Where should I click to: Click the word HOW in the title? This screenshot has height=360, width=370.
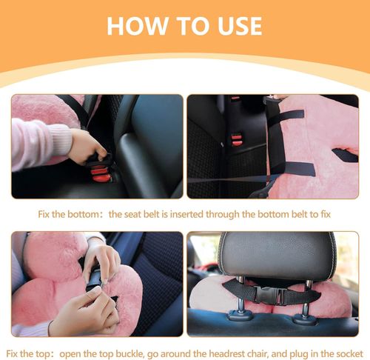pos(137,26)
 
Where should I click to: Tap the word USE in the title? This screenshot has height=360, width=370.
pos(240,26)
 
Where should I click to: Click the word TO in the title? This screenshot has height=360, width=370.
pos(192,26)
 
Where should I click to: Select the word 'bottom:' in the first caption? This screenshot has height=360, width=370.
pos(85,214)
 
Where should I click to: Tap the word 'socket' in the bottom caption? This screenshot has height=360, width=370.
pos(350,354)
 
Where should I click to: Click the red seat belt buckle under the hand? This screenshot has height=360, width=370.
pos(100,173)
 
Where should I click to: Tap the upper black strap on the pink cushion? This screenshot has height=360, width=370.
pos(286,116)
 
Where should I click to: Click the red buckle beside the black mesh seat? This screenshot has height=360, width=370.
pos(237,140)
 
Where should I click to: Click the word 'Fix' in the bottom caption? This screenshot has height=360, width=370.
pos(13,354)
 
